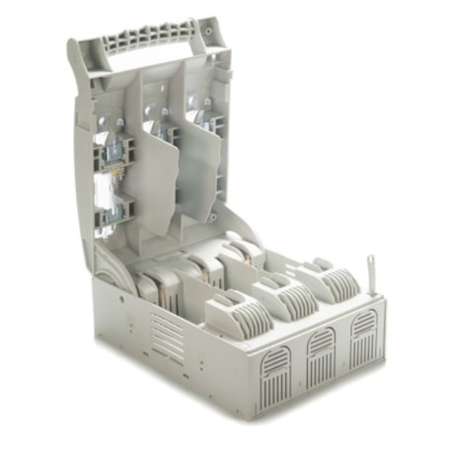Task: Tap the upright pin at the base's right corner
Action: tap(368, 272)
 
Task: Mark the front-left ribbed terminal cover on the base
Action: tap(237, 315)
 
